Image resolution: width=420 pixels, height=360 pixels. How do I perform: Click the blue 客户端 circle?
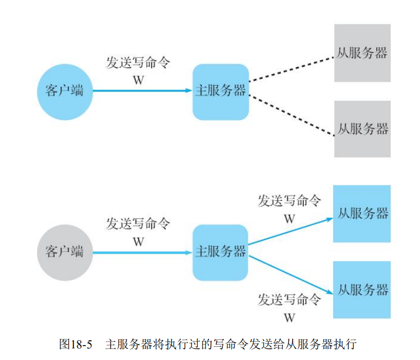click(65, 91)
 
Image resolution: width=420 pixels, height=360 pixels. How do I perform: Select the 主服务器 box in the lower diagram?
click(220, 252)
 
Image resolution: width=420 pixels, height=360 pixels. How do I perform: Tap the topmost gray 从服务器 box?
click(362, 53)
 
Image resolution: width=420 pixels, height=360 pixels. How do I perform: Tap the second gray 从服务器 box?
click(362, 129)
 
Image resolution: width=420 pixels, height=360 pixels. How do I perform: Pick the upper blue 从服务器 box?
click(362, 213)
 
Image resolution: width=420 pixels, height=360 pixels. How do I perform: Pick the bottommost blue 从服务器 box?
click(362, 290)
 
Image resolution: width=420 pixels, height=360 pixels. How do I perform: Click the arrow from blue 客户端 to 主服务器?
click(142, 91)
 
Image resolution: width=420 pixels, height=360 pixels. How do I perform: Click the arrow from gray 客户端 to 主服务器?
click(142, 253)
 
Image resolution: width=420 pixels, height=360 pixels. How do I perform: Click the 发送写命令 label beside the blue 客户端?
click(138, 62)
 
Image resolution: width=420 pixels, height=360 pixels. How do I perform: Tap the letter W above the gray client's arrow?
click(138, 242)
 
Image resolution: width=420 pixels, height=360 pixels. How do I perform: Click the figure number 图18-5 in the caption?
click(75, 344)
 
